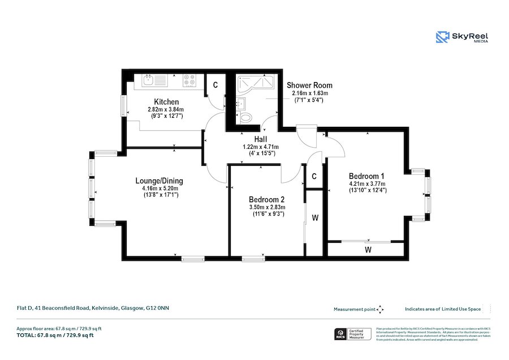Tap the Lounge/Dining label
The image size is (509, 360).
tap(159, 181)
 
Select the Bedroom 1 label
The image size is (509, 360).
tap(367, 175)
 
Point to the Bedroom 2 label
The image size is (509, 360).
tap(266, 200)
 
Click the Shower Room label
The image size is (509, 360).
tap(309, 85)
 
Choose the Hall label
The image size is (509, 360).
tap(261, 139)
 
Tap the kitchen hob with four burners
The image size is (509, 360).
tap(190, 82)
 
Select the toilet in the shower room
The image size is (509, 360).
tap(246, 118)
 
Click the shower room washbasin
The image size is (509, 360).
tap(241, 104)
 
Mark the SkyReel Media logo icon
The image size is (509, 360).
tap(442, 37)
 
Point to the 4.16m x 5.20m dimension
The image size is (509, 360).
tap(159, 188)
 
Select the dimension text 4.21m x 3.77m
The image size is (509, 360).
tap(367, 183)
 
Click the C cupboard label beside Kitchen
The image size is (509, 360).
tap(215, 85)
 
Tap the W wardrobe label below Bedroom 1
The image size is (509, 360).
tap(368, 249)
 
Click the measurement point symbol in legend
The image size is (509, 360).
tap(380, 309)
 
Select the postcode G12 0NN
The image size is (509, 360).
tap(158, 308)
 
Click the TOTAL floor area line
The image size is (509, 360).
tap(55, 336)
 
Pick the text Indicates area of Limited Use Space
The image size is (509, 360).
tap(442, 309)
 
